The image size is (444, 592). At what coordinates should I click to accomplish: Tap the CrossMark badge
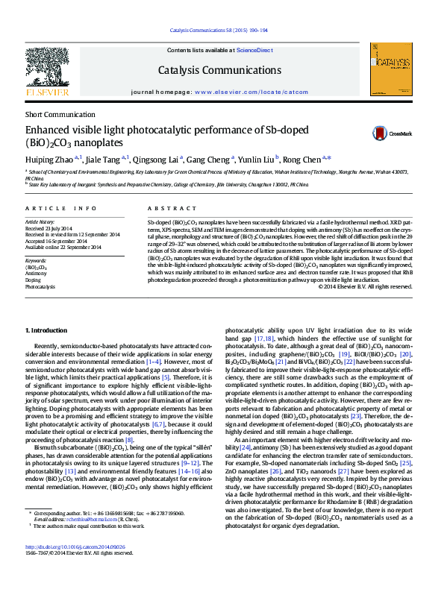(394, 134)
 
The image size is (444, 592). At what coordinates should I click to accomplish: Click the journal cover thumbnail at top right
(393, 70)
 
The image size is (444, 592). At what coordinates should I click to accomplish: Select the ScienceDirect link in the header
(254, 49)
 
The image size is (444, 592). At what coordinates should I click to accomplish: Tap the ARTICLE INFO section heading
(61, 209)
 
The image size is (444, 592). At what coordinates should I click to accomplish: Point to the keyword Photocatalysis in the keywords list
(40, 286)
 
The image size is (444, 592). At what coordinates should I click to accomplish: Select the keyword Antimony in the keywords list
(36, 273)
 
